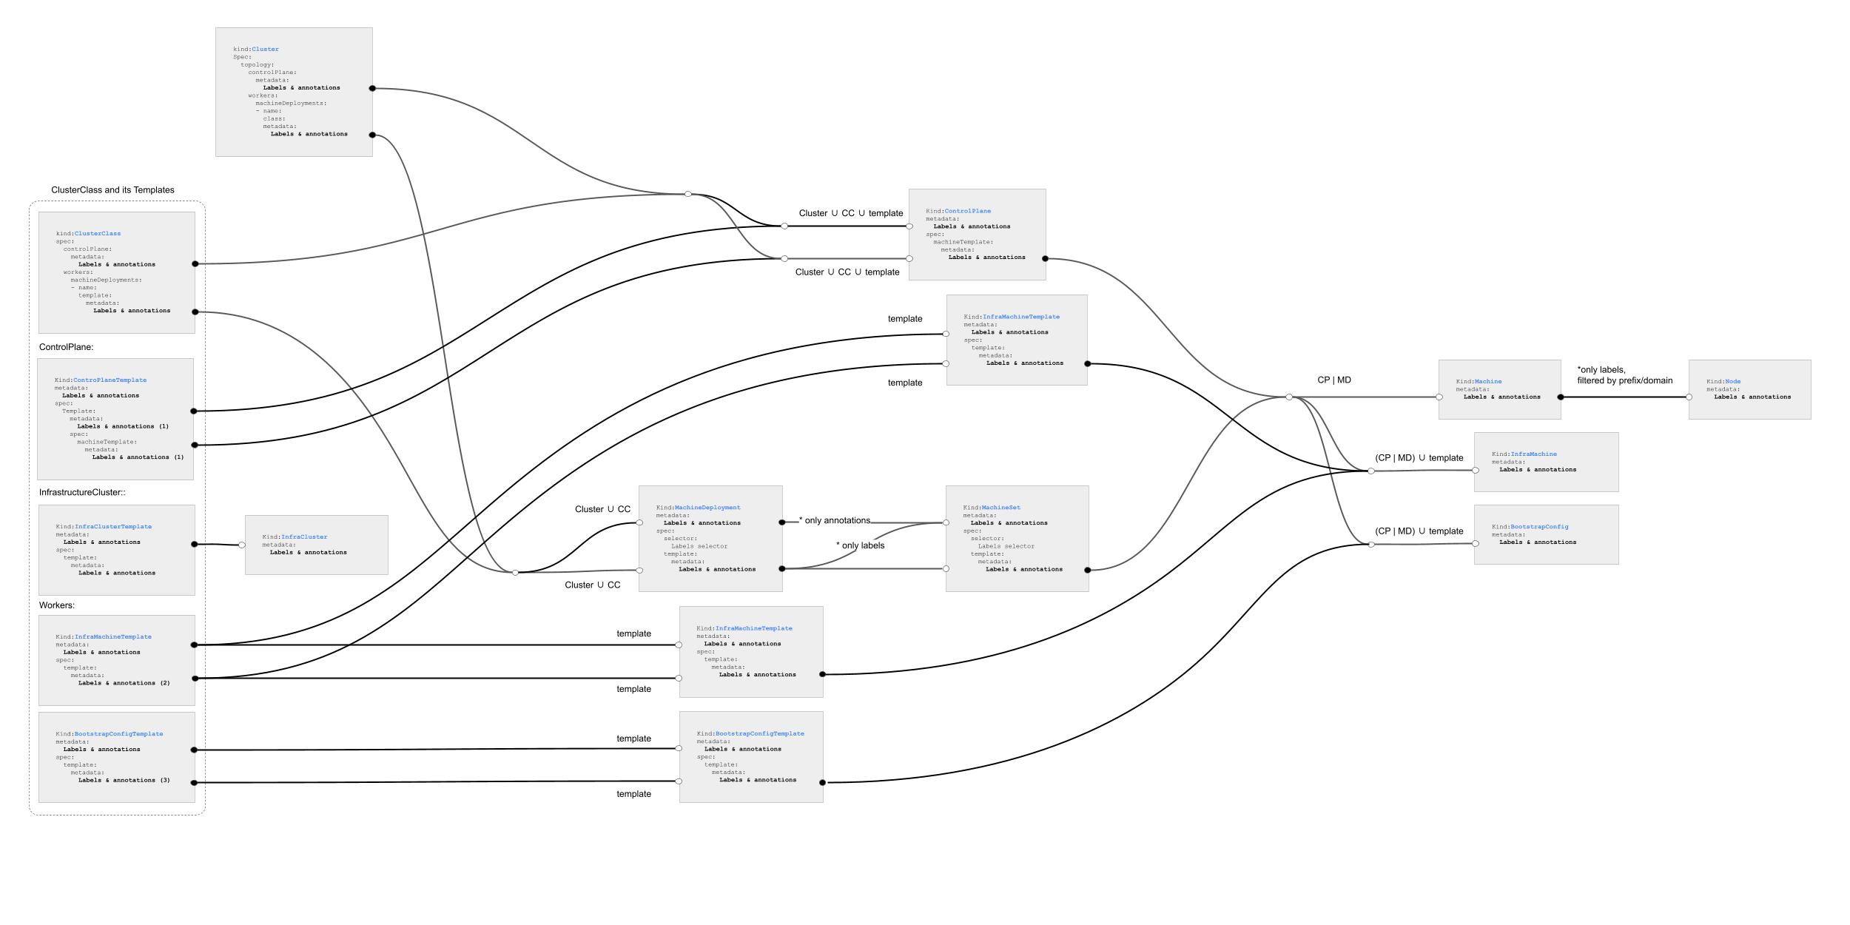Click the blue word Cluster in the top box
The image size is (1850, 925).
point(265,50)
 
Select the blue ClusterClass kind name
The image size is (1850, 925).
point(98,234)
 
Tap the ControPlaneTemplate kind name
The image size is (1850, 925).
point(110,380)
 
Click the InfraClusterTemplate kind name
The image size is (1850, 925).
point(113,527)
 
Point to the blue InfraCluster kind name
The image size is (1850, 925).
point(304,537)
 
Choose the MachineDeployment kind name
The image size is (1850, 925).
point(707,508)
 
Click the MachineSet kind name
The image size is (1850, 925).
point(1001,508)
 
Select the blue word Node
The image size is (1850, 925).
point(1733,382)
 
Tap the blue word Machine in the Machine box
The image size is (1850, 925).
point(1488,382)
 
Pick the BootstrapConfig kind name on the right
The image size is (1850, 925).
point(1539,527)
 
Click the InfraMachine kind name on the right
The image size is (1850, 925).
point(1533,454)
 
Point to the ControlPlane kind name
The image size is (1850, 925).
point(968,211)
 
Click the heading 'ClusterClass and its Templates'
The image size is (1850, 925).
point(113,190)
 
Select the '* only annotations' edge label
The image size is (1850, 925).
point(835,520)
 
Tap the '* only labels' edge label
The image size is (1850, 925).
point(861,545)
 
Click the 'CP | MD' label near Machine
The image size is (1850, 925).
point(1334,380)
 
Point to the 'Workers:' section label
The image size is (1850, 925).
point(57,605)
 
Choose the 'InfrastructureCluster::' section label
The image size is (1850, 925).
point(82,492)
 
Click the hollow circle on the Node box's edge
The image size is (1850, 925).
point(1689,397)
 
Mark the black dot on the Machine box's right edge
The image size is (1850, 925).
point(1561,397)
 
